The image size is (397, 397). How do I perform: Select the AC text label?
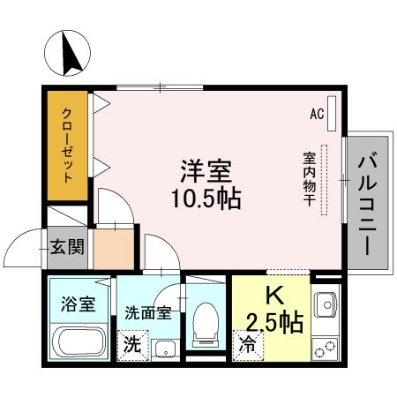318,114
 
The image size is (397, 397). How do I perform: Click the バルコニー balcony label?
369,205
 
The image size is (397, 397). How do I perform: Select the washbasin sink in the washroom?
165,348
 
